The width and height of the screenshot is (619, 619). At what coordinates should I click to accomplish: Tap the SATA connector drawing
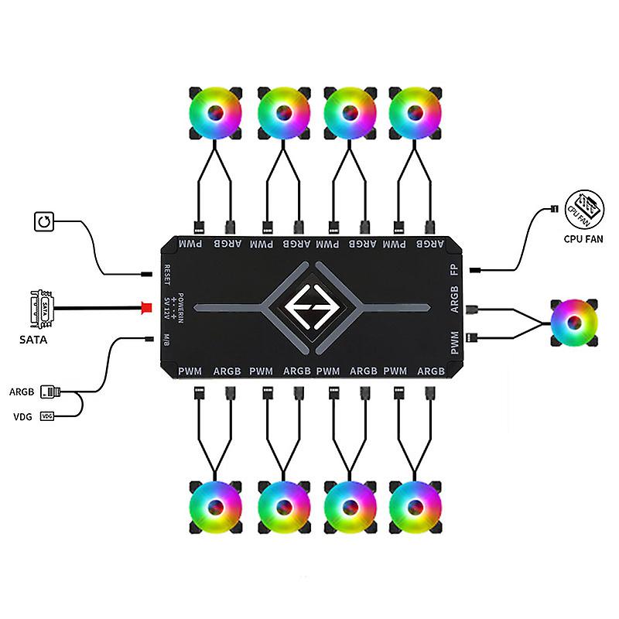point(45,307)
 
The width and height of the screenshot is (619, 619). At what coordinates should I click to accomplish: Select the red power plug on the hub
point(144,308)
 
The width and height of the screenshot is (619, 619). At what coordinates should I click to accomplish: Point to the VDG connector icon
point(47,416)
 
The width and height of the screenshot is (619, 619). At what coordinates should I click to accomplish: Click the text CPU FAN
point(584,240)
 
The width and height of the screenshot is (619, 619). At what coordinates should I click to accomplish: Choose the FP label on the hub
point(454,270)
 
